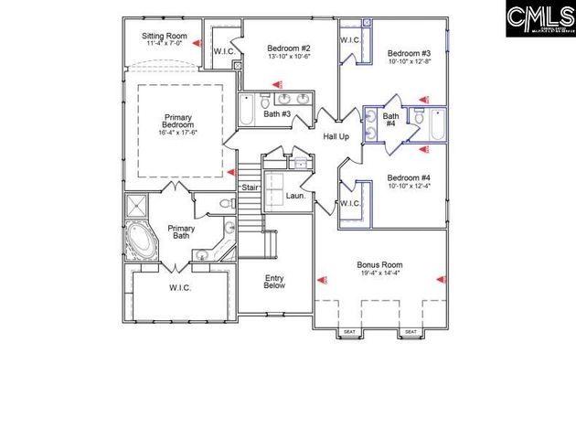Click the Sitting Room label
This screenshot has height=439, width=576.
click(163, 37)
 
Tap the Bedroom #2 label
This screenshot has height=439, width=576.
click(289, 48)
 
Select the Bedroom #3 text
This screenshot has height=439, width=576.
click(408, 53)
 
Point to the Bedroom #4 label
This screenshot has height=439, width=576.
click(408, 177)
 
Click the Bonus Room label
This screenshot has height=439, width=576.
click(379, 265)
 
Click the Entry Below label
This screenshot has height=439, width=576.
click(275, 282)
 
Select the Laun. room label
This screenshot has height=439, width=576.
click(294, 196)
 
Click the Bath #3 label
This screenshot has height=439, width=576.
click(278, 114)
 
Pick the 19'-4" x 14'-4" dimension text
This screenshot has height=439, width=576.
click(379, 273)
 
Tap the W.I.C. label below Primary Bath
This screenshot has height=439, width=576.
click(179, 287)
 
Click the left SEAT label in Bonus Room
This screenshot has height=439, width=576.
click(348, 332)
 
